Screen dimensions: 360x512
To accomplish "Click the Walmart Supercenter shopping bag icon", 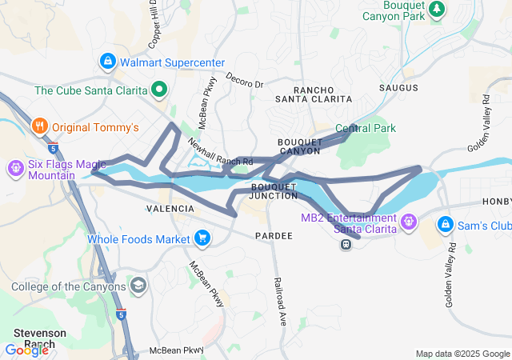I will [x=107, y=62].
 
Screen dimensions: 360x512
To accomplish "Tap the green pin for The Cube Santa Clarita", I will [x=159, y=90].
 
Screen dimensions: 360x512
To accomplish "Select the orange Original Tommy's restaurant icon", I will [x=38, y=126].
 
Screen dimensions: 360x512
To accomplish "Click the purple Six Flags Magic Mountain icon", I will [x=14, y=168].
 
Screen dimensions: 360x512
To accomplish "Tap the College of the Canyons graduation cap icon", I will [x=138, y=286].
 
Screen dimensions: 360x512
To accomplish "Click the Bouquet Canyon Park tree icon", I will [x=437, y=9].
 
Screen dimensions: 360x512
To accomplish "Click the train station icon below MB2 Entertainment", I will [x=346, y=243].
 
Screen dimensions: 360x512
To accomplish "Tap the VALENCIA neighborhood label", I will [x=170, y=209].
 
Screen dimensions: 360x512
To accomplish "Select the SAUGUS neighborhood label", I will [x=399, y=87].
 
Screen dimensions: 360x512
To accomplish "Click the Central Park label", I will [x=366, y=128].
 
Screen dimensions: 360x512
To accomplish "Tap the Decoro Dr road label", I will [x=244, y=82].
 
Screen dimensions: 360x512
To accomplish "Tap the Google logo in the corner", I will [x=26, y=350].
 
